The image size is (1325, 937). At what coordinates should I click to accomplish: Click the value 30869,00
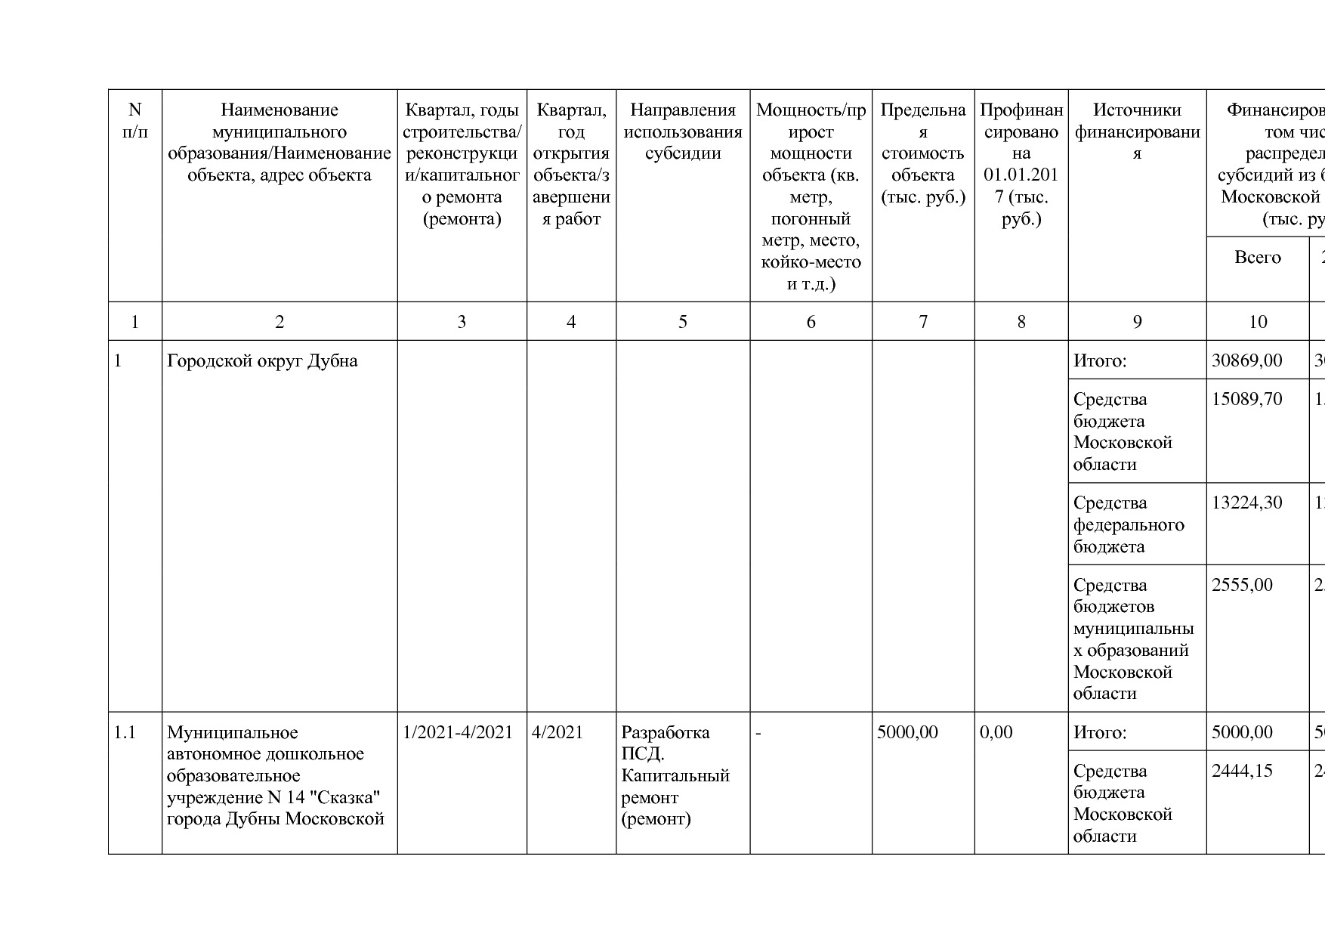pyautogui.click(x=1246, y=360)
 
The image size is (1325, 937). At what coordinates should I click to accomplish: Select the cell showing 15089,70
pyautogui.click(x=1246, y=399)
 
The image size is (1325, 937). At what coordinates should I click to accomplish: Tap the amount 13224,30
pyautogui.click(x=1246, y=503)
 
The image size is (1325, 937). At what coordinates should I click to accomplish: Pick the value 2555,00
pyautogui.click(x=1242, y=585)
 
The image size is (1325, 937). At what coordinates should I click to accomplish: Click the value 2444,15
pyautogui.click(x=1242, y=771)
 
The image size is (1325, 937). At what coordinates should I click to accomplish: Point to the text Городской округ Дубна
pyautogui.click(x=262, y=360)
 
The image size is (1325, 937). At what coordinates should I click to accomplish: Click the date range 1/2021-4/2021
pyautogui.click(x=458, y=732)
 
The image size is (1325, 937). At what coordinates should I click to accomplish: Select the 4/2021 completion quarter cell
pyautogui.click(x=557, y=732)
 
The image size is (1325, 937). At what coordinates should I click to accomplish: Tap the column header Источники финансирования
pyautogui.click(x=1137, y=131)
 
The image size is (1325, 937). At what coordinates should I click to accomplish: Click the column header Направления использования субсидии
pyautogui.click(x=683, y=131)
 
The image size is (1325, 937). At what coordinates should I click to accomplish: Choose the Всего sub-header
pyautogui.click(x=1257, y=258)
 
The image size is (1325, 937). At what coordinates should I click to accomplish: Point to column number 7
pyautogui.click(x=922, y=322)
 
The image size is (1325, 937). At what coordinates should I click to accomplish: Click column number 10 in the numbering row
pyautogui.click(x=1257, y=322)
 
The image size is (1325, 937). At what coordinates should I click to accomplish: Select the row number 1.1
pyautogui.click(x=125, y=732)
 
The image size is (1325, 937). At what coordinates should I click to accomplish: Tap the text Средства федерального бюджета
pyautogui.click(x=1129, y=524)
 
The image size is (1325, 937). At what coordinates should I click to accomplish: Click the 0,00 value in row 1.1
pyautogui.click(x=996, y=732)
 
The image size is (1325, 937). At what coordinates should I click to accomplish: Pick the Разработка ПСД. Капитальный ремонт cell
pyautogui.click(x=675, y=775)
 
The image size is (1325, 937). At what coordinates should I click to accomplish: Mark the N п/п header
pyautogui.click(x=135, y=121)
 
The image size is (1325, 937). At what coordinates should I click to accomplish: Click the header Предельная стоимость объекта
pyautogui.click(x=922, y=153)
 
